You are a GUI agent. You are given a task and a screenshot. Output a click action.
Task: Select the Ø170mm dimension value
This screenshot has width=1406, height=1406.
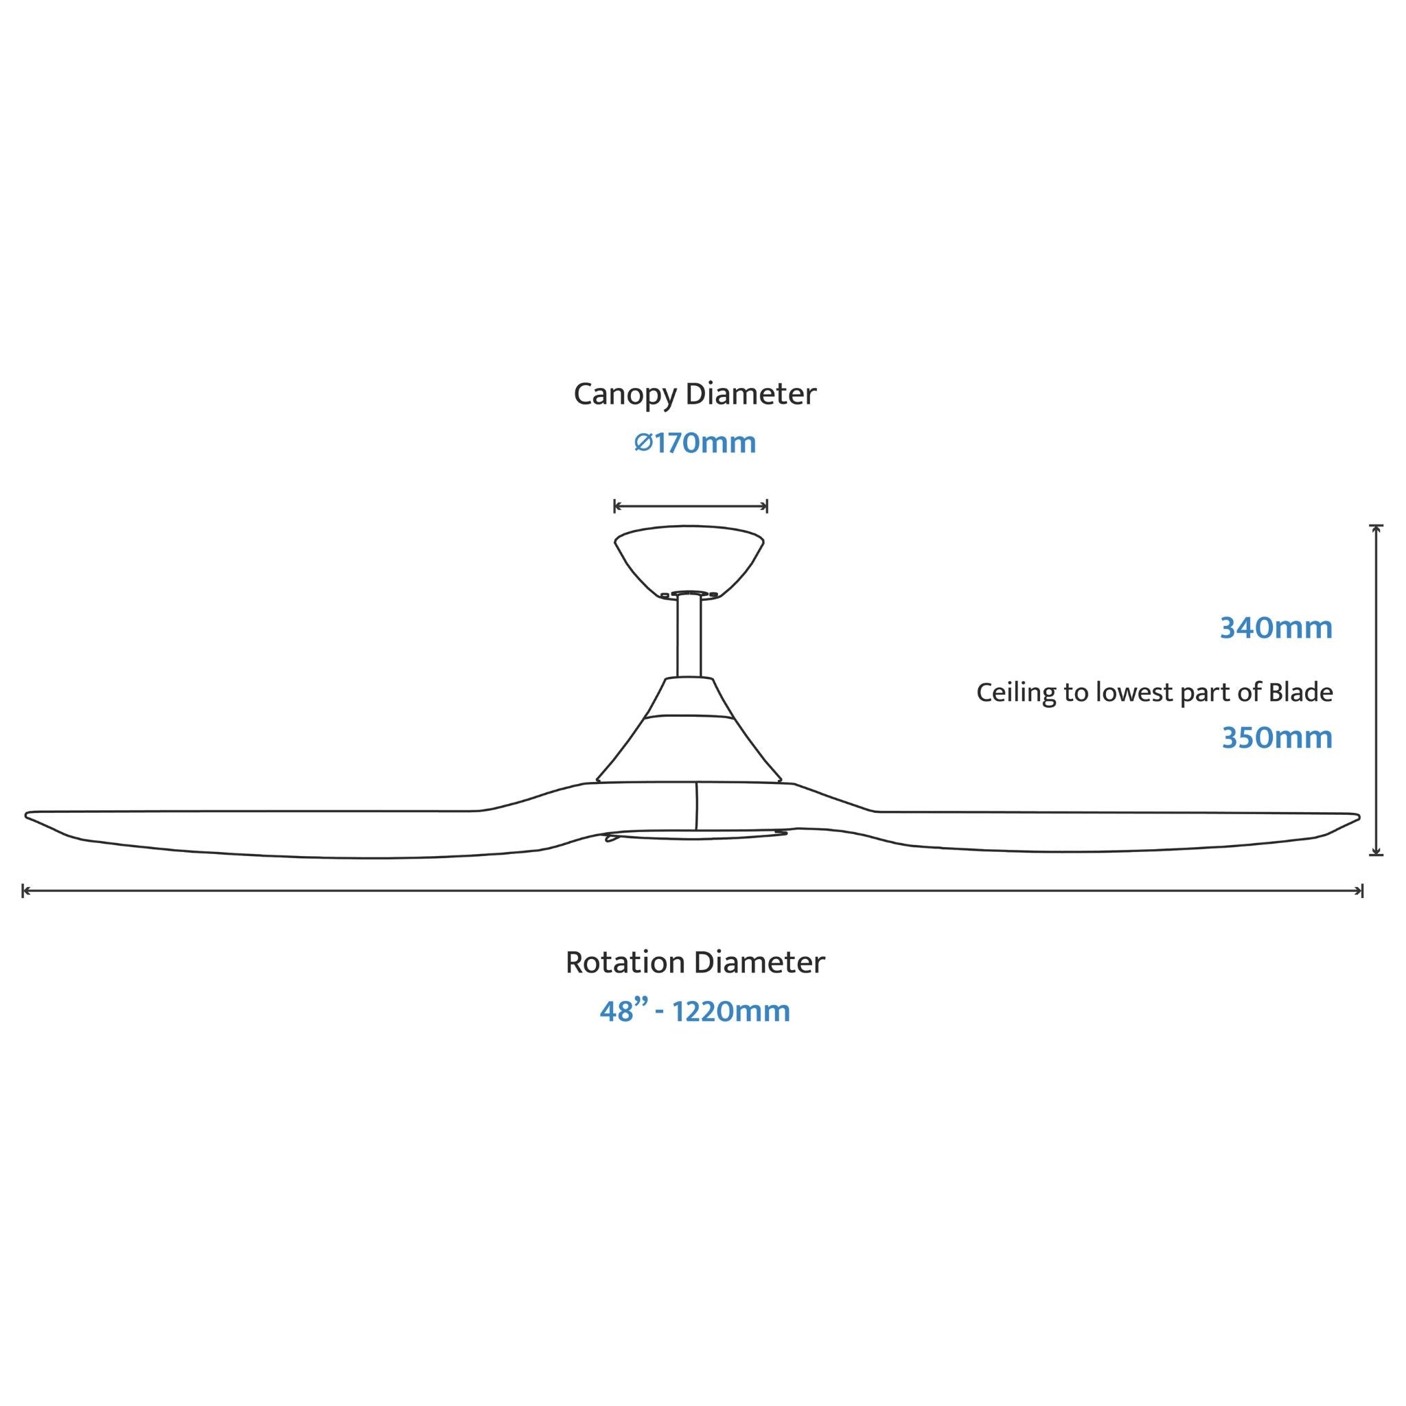coord(695,443)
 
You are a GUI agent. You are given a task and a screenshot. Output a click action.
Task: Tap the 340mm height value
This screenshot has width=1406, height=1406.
coord(1276,628)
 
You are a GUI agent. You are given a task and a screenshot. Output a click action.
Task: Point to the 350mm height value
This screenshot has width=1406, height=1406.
coord(1277,738)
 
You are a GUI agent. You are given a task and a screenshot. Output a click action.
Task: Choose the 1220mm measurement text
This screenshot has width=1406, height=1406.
coord(730,1011)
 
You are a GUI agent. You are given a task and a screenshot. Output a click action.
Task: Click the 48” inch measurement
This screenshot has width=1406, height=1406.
coord(625,1011)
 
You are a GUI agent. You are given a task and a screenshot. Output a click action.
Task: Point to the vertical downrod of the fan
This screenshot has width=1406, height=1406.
coord(689,636)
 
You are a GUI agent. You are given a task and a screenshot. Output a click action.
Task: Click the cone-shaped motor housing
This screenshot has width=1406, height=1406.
coord(689,730)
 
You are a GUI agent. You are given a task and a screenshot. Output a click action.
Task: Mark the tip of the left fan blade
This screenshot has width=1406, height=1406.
coord(26,814)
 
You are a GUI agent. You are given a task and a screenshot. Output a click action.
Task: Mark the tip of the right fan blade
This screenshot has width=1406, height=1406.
coord(1359,816)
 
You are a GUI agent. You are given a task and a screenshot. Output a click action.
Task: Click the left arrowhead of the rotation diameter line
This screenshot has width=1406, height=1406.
coord(25,890)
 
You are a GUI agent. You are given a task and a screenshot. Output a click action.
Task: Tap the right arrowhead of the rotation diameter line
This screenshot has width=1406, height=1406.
coord(1359,890)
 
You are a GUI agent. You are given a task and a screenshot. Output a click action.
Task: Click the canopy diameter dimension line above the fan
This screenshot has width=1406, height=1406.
coord(691,507)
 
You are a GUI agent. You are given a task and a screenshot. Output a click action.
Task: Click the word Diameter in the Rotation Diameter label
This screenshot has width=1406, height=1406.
coord(760,963)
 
